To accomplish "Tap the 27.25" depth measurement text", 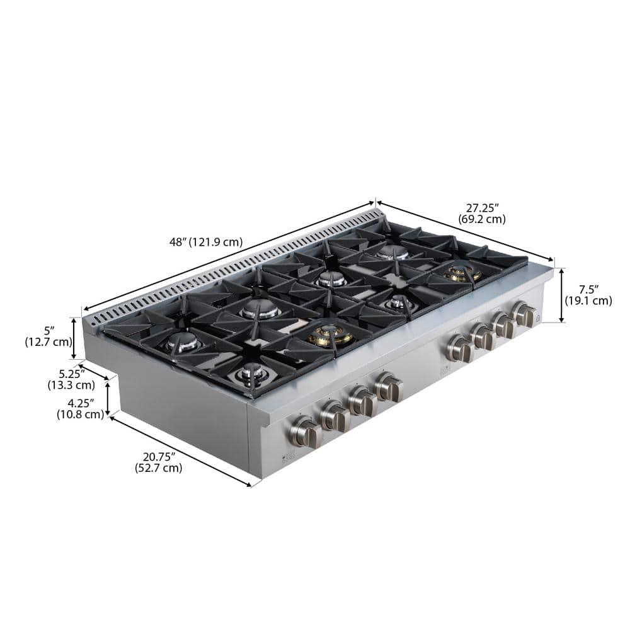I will pyautogui.click(x=482, y=207).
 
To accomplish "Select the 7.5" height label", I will pyautogui.click(x=588, y=289).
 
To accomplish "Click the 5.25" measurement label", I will pyautogui.click(x=71, y=374).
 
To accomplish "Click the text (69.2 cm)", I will pyautogui.click(x=482, y=219).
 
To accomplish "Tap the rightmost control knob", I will pyautogui.click(x=524, y=314).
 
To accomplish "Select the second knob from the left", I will pyautogui.click(x=334, y=416).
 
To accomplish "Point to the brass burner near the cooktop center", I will pyautogui.click(x=330, y=335).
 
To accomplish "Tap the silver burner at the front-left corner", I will pyautogui.click(x=253, y=374).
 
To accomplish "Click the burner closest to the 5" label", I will pyautogui.click(x=183, y=342).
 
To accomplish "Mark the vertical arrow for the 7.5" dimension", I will pyautogui.click(x=562, y=295).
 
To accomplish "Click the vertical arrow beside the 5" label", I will pyautogui.click(x=74, y=338).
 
